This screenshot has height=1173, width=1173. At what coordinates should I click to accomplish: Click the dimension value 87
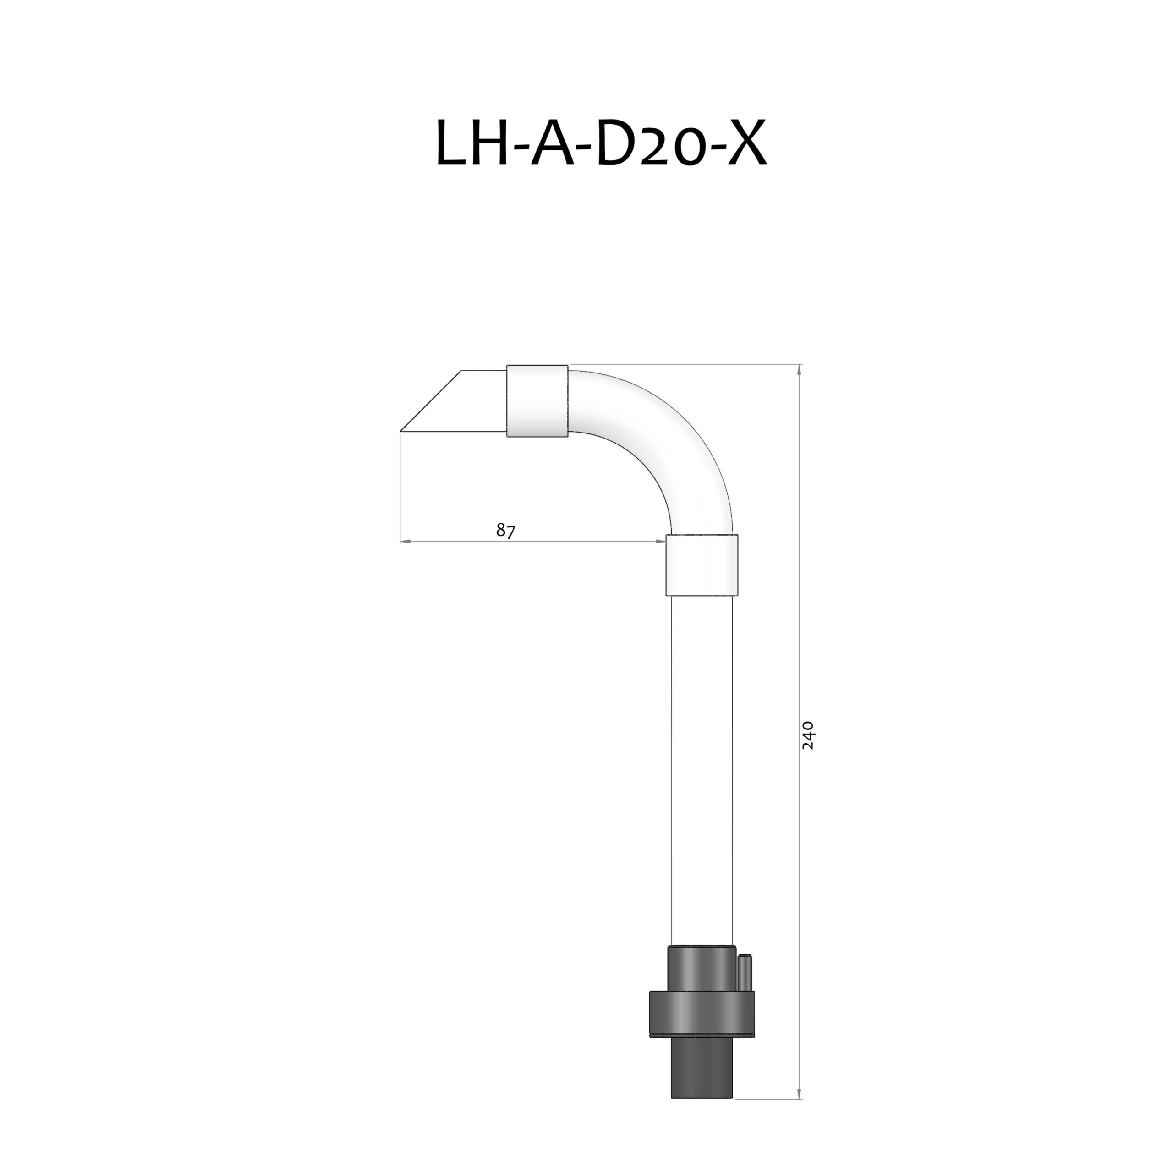point(505,530)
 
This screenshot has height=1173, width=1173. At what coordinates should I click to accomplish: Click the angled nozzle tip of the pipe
point(453,403)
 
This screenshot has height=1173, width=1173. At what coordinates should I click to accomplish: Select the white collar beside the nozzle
point(537,401)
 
